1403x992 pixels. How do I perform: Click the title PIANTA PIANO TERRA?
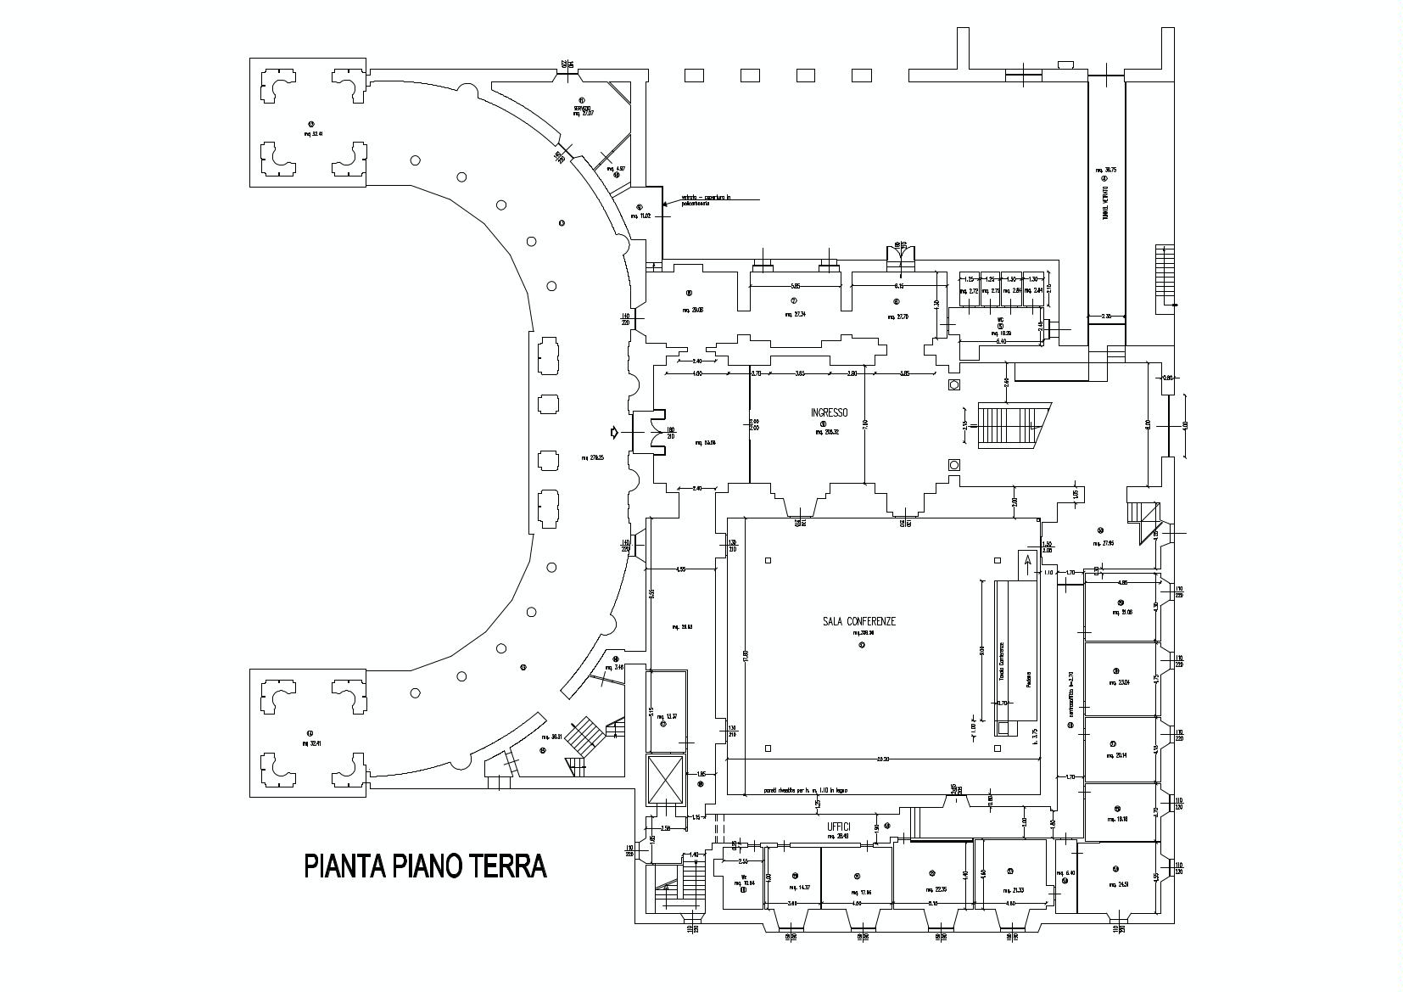pos(425,866)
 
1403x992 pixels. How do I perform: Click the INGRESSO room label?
pos(829,412)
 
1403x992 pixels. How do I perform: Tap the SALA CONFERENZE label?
pos(858,621)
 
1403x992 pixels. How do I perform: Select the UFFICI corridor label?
pos(838,826)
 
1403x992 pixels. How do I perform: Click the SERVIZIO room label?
pos(582,109)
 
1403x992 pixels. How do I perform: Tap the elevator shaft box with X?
pos(665,780)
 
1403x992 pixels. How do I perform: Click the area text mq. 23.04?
pos(1119,683)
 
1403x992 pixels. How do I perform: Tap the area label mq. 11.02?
pos(640,216)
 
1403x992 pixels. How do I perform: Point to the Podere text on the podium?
pos(1028,679)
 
